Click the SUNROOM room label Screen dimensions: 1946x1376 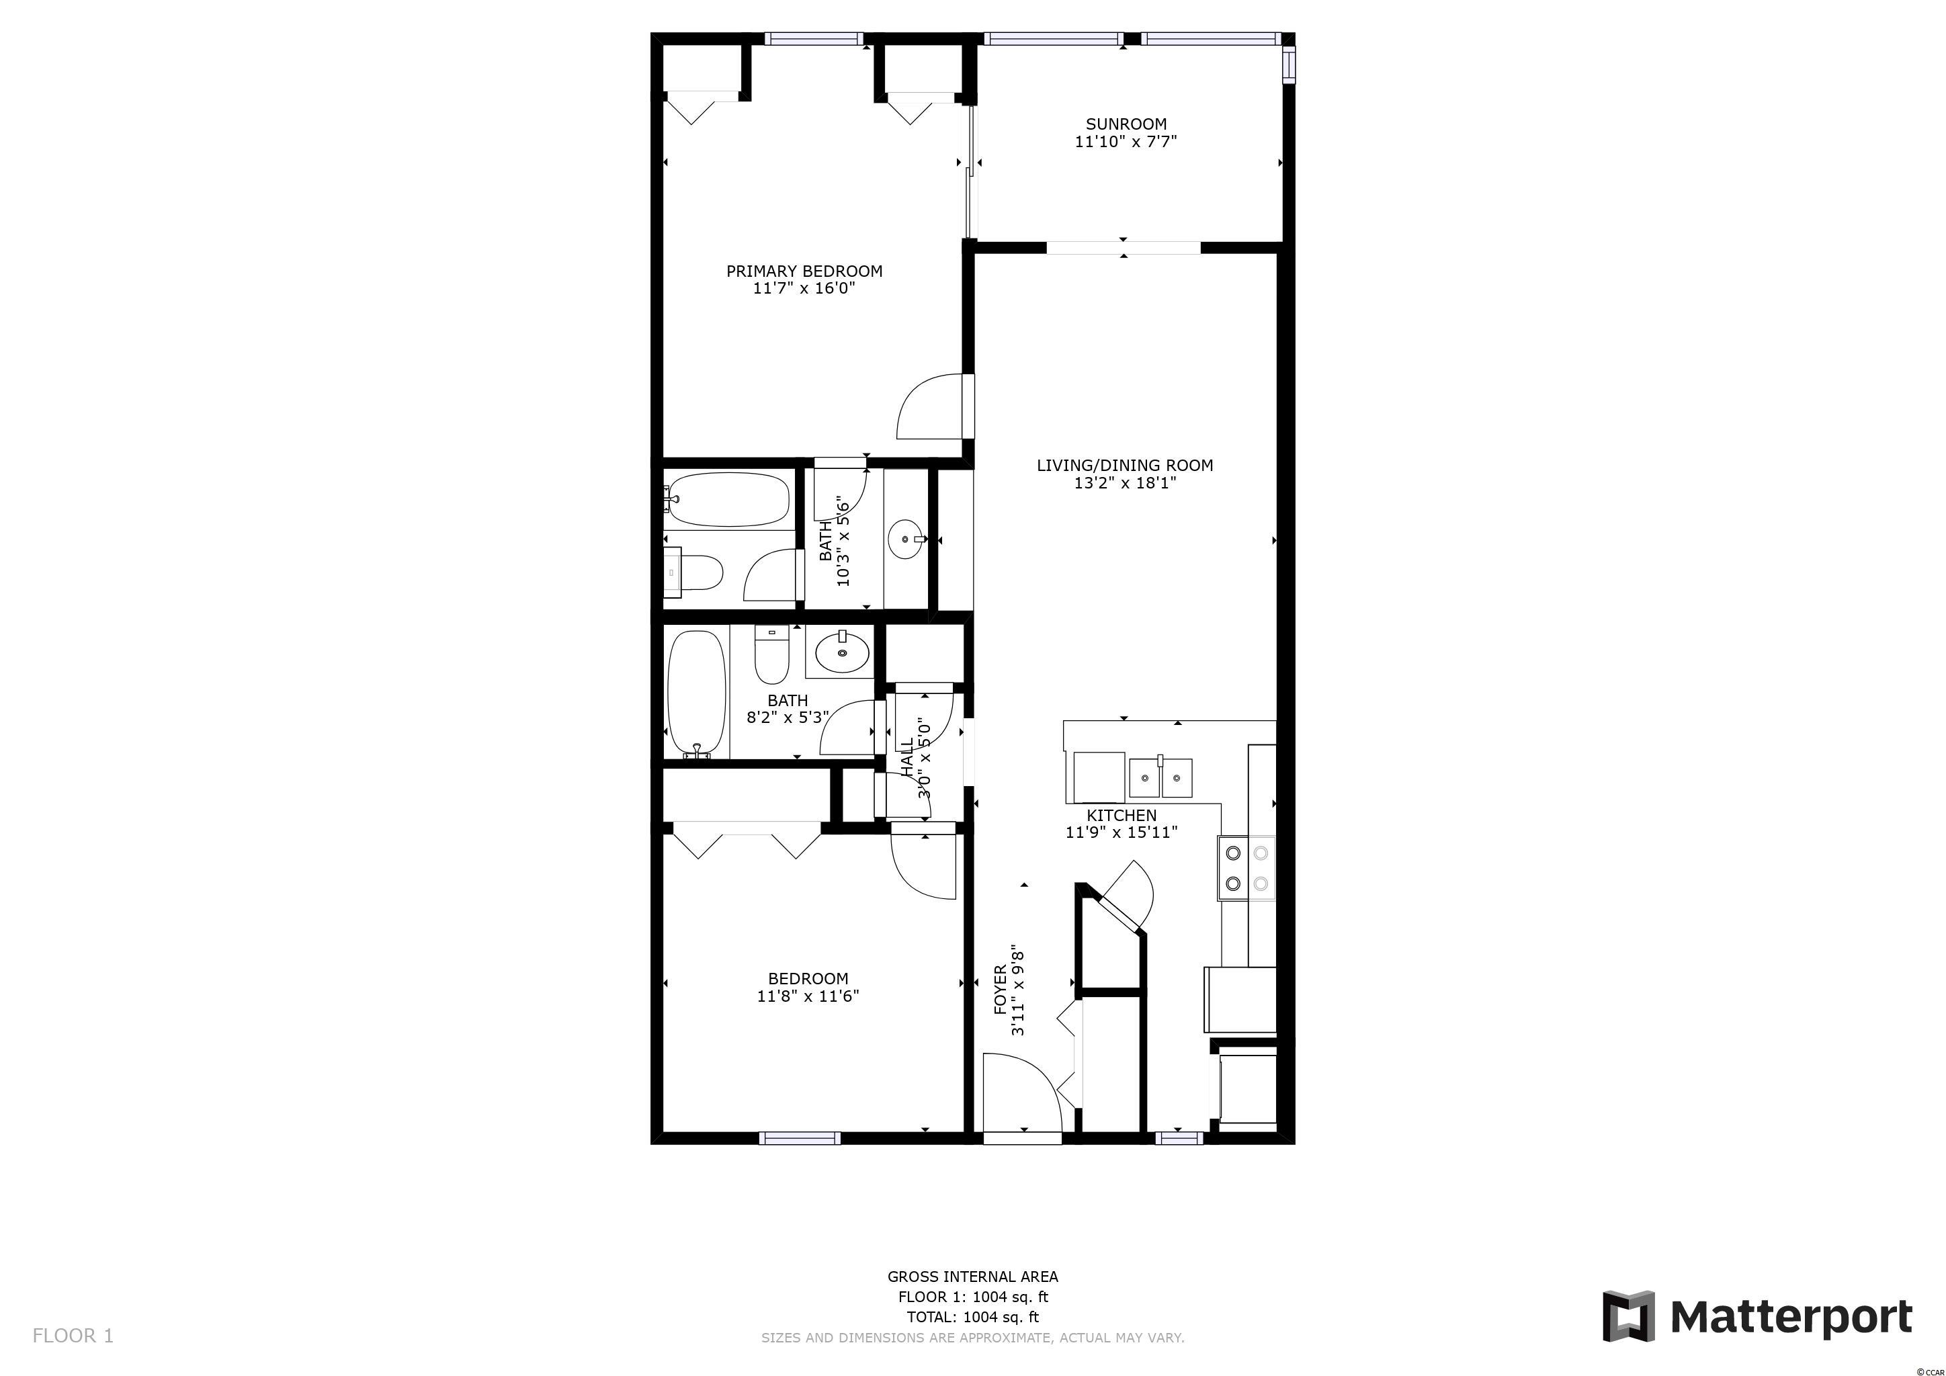(x=1126, y=124)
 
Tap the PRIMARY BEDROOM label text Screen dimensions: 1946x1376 (x=804, y=271)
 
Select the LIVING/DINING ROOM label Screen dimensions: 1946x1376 (x=1125, y=465)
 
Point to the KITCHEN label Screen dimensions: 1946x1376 (x=1122, y=815)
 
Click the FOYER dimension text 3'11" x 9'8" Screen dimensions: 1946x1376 (x=1019, y=990)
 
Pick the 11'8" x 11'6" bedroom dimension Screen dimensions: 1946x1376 (x=808, y=996)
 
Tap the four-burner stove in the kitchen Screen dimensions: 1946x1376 (x=1246, y=869)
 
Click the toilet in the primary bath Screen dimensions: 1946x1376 (x=693, y=572)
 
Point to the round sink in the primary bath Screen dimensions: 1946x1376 (x=908, y=539)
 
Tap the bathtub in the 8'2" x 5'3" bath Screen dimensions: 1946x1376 (x=697, y=694)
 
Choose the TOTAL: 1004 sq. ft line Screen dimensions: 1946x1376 (x=973, y=1317)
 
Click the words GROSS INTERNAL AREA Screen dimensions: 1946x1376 (x=973, y=1276)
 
